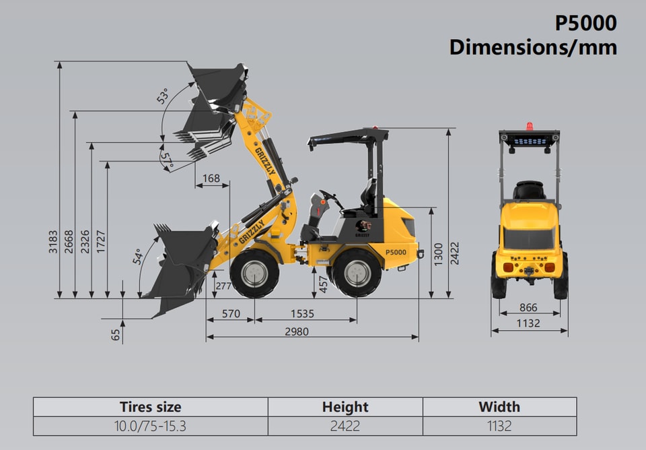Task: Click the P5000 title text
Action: pos(585,23)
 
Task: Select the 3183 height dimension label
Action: pos(53,242)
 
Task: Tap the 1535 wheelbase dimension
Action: pos(302,314)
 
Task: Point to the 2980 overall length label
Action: pos(297,331)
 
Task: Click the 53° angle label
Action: pos(163,96)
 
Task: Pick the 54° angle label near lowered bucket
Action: pos(138,257)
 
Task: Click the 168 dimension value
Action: pos(211,179)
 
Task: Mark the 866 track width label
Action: pos(528,307)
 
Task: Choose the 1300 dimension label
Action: pos(438,254)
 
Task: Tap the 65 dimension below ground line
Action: pos(116,335)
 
